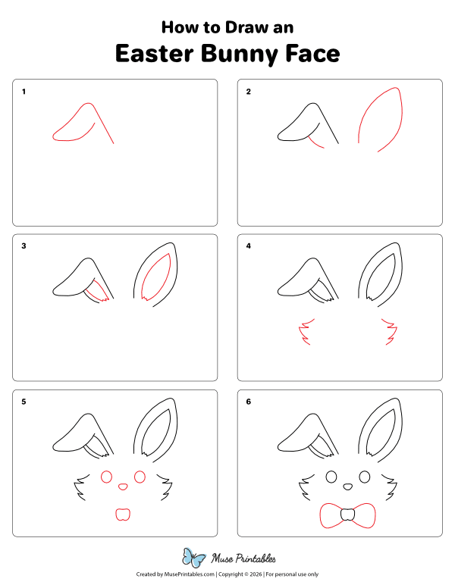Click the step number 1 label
point(24,92)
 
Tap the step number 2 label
point(248,92)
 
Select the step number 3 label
point(24,246)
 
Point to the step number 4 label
point(248,246)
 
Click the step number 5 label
point(24,402)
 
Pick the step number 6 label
point(248,402)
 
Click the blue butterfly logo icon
point(196,558)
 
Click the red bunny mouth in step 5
point(121,515)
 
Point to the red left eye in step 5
point(105,477)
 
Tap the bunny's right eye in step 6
point(364,477)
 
